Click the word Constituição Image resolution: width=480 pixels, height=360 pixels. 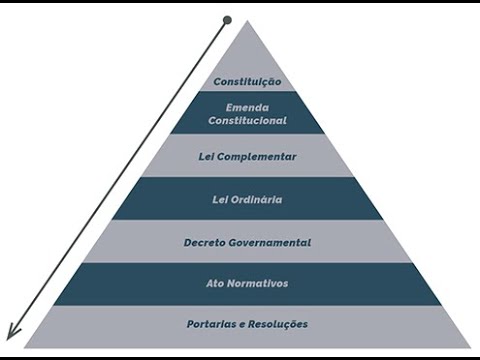click(x=247, y=82)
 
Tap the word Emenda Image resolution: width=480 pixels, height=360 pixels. click(x=247, y=108)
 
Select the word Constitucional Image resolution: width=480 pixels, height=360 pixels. click(x=247, y=120)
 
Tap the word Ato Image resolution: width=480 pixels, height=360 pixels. click(x=214, y=284)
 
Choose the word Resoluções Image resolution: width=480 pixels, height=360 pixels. click(x=278, y=324)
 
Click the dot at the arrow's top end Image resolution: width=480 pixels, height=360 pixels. click(x=227, y=20)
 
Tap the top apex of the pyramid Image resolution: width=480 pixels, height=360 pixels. click(x=247, y=21)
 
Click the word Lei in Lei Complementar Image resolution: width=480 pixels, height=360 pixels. click(x=206, y=157)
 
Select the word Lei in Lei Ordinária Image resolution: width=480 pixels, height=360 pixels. click(x=220, y=200)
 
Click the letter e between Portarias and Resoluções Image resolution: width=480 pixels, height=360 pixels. click(x=242, y=325)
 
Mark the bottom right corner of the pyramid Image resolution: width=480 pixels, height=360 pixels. click(x=471, y=348)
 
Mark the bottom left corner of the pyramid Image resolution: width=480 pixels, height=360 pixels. click(x=24, y=348)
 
